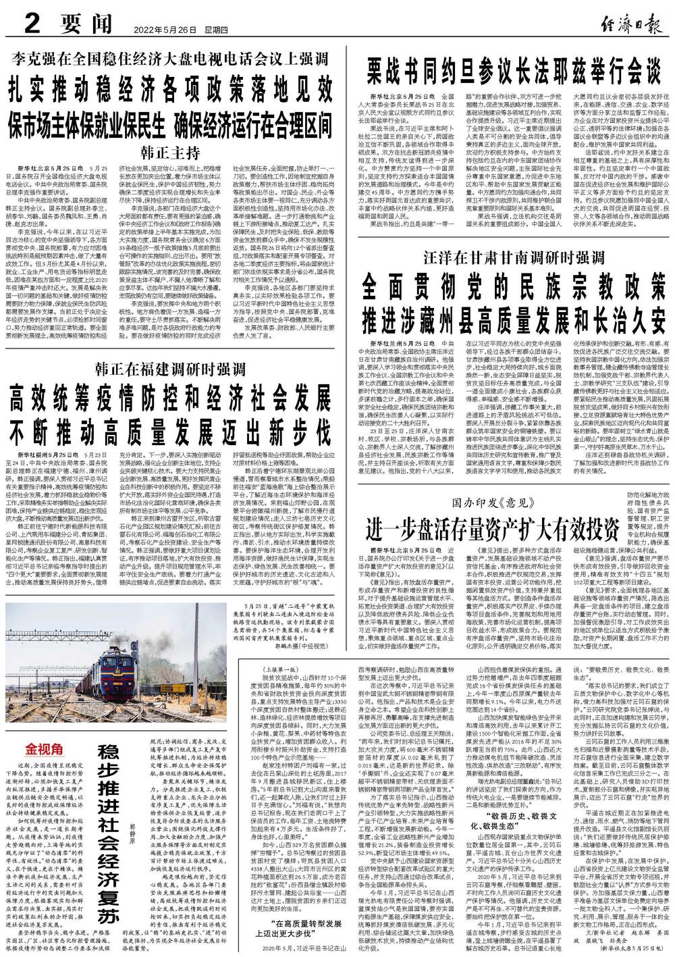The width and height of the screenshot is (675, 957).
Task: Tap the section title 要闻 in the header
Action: click(85, 26)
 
